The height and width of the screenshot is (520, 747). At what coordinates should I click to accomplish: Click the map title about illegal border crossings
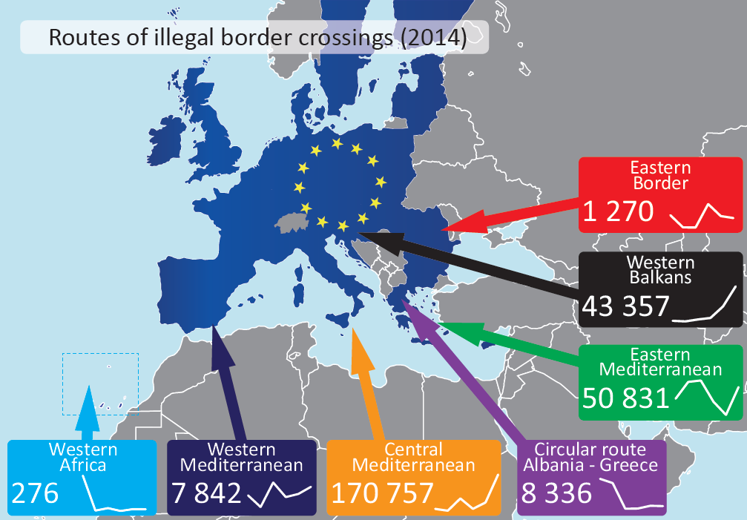click(257, 38)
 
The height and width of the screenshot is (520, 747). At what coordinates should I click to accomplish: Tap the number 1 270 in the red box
click(618, 212)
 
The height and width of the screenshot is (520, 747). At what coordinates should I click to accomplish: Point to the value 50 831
click(626, 398)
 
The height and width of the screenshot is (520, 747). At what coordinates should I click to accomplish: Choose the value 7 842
click(207, 493)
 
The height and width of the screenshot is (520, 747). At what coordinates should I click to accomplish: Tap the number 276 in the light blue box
click(35, 493)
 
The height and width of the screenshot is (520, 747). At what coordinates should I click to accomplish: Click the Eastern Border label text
click(660, 175)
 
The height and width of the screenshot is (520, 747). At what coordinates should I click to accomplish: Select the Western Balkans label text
click(660, 269)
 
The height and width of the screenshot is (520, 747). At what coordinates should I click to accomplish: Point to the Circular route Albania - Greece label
click(590, 457)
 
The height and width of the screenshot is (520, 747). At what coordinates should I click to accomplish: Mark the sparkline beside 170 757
click(466, 493)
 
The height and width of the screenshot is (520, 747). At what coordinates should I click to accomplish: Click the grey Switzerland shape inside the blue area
click(289, 223)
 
